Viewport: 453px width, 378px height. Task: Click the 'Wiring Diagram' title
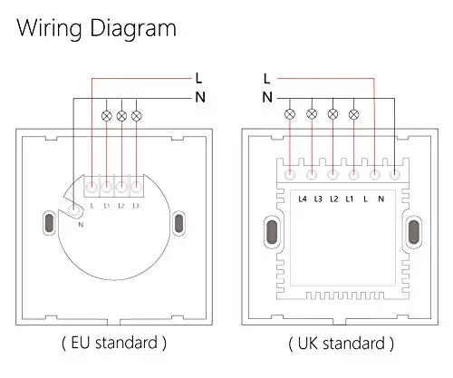(x=96, y=29)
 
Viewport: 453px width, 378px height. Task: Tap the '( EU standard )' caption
(x=114, y=344)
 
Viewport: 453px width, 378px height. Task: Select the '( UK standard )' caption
(x=341, y=344)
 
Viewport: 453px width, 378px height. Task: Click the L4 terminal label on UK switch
(x=303, y=199)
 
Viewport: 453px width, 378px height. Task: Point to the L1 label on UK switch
(x=350, y=199)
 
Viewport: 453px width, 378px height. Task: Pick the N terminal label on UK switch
(x=381, y=199)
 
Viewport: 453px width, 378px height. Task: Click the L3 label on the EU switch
(x=136, y=206)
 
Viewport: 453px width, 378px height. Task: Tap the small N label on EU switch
(x=81, y=225)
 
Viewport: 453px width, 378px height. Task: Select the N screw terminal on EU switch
(x=73, y=210)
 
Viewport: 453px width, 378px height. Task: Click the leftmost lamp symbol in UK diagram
(x=290, y=114)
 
